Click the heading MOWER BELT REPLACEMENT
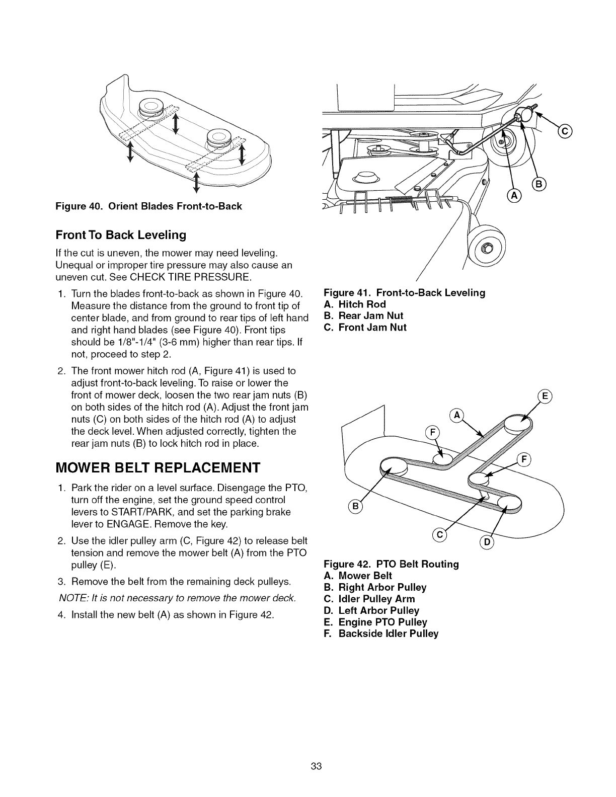(159, 467)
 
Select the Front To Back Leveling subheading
(121, 235)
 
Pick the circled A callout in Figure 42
(457, 415)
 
